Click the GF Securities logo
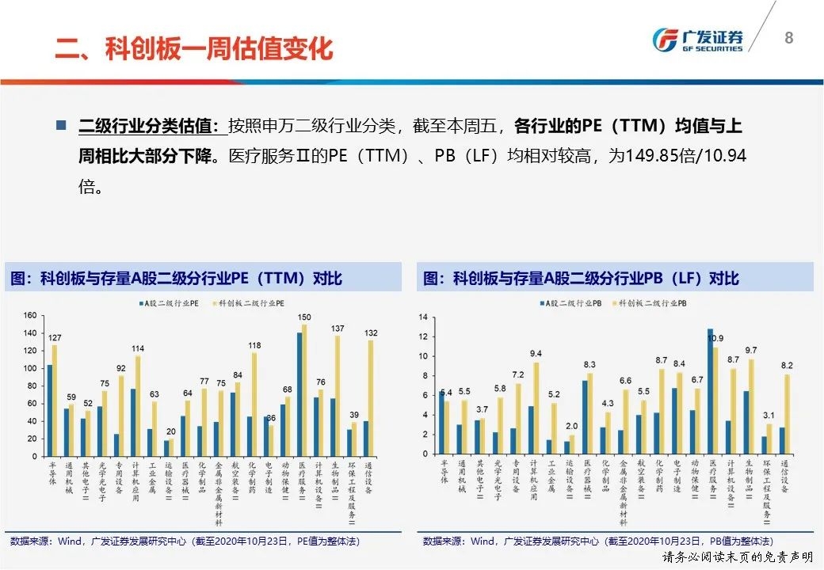697,40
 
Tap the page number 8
788,37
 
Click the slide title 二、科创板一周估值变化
194,48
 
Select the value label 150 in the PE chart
305,317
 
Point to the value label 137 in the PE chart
338,329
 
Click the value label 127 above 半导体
55,338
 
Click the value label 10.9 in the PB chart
715,339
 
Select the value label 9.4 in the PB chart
536,354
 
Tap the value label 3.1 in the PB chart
769,416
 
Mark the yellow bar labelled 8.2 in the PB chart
786,416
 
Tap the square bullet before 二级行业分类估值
61,126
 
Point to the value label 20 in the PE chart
170,431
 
